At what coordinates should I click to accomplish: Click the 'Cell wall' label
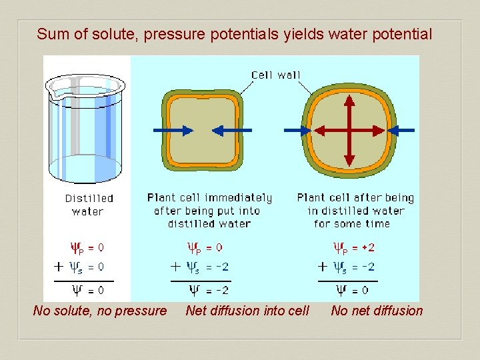pos(275,75)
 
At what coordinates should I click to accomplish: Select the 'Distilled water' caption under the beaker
pos(89,205)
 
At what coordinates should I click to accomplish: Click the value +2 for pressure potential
pos(367,247)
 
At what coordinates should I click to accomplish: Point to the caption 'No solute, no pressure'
pos(100,310)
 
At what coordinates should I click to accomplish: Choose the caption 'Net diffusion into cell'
pos(247,310)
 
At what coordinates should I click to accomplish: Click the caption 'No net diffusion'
pos(377,310)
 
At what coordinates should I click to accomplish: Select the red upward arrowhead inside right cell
pos(349,99)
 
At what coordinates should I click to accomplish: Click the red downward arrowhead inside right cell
pos(349,160)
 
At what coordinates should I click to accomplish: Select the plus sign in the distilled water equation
pos(59,267)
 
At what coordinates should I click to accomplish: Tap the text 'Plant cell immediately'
pos(209,198)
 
